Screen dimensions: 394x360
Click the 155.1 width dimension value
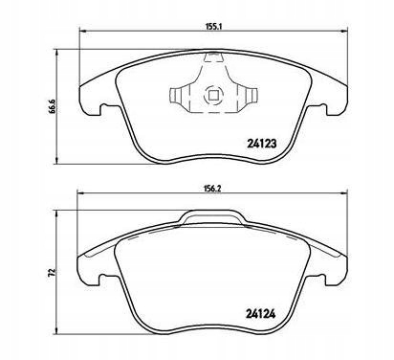coord(212,27)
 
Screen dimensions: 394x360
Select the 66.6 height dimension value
coord(53,106)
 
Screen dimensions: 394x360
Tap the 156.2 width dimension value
coord(212,189)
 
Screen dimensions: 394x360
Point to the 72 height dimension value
coord(53,272)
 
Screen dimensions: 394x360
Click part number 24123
coord(261,144)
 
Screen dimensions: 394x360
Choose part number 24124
coord(260,314)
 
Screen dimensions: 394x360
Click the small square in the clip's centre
coord(212,95)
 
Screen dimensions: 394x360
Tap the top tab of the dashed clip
coord(212,57)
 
